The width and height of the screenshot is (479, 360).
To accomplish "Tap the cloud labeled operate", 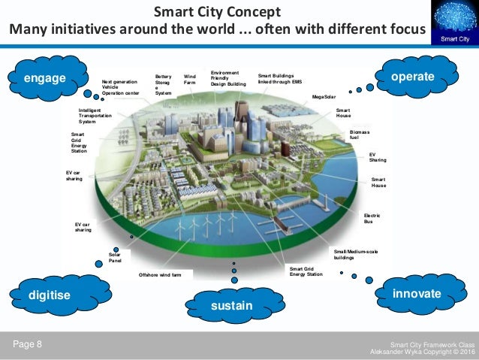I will pyautogui.click(x=414, y=76).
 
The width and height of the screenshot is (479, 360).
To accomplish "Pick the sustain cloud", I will pyautogui.click(x=232, y=306).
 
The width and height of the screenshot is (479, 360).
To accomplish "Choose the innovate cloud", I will pyautogui.click(x=417, y=293).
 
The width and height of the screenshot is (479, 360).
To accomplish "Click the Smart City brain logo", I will pyautogui.click(x=454, y=23).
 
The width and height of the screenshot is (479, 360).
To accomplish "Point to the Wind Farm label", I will pyautogui.click(x=190, y=79).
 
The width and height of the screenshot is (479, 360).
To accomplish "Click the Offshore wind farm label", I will pyautogui.click(x=159, y=275).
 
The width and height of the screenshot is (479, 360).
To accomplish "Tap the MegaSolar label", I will pyautogui.click(x=324, y=98).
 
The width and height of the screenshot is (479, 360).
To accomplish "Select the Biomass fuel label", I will pyautogui.click(x=360, y=135).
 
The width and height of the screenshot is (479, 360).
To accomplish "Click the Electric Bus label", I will pyautogui.click(x=372, y=219).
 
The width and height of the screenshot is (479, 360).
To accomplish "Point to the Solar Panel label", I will pyautogui.click(x=115, y=258).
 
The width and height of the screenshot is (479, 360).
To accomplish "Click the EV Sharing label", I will pyautogui.click(x=378, y=157).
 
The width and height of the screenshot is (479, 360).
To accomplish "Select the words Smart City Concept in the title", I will pyautogui.click(x=217, y=12).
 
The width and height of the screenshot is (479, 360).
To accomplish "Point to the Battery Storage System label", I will pyautogui.click(x=164, y=84).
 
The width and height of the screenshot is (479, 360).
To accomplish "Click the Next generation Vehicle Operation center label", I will pyautogui.click(x=120, y=87).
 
